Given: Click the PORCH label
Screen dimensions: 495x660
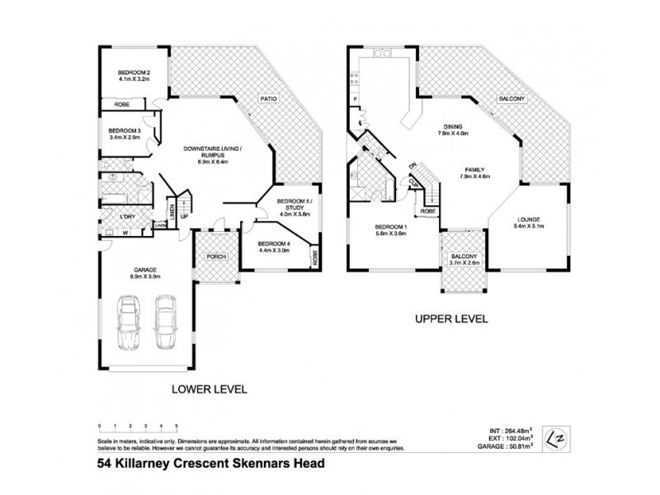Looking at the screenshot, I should (x=216, y=256).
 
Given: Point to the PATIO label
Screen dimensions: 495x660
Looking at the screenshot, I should (x=268, y=98).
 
